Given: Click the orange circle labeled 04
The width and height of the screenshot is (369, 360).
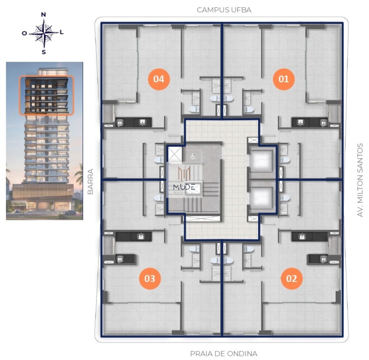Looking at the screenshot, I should click(x=159, y=79).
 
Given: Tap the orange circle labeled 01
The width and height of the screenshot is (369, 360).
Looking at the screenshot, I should click(x=284, y=79).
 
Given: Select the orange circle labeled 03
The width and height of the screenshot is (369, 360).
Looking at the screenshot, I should click(x=150, y=278).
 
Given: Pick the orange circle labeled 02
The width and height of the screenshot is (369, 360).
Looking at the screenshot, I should click(x=291, y=278).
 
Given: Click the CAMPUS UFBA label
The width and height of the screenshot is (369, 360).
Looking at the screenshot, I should click(x=224, y=10).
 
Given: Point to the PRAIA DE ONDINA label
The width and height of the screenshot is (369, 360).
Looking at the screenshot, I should click(x=224, y=354).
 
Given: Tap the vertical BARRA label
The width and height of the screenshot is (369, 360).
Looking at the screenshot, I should click(x=91, y=182).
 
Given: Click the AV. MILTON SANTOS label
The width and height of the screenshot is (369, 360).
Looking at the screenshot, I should click(x=360, y=180).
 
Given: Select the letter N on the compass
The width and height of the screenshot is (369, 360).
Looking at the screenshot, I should click(x=44, y=15).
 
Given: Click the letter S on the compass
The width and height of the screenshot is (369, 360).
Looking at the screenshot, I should click(x=44, y=52).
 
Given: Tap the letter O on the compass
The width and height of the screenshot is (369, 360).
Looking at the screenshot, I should click(x=24, y=33).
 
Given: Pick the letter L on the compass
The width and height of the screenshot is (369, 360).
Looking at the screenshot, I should click(x=62, y=32).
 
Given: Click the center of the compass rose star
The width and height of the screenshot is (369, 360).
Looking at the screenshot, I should click(x=44, y=33).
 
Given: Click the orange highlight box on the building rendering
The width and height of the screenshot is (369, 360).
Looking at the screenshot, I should click(x=46, y=95).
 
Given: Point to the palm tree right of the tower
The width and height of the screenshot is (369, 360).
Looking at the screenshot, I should click(x=79, y=173).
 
